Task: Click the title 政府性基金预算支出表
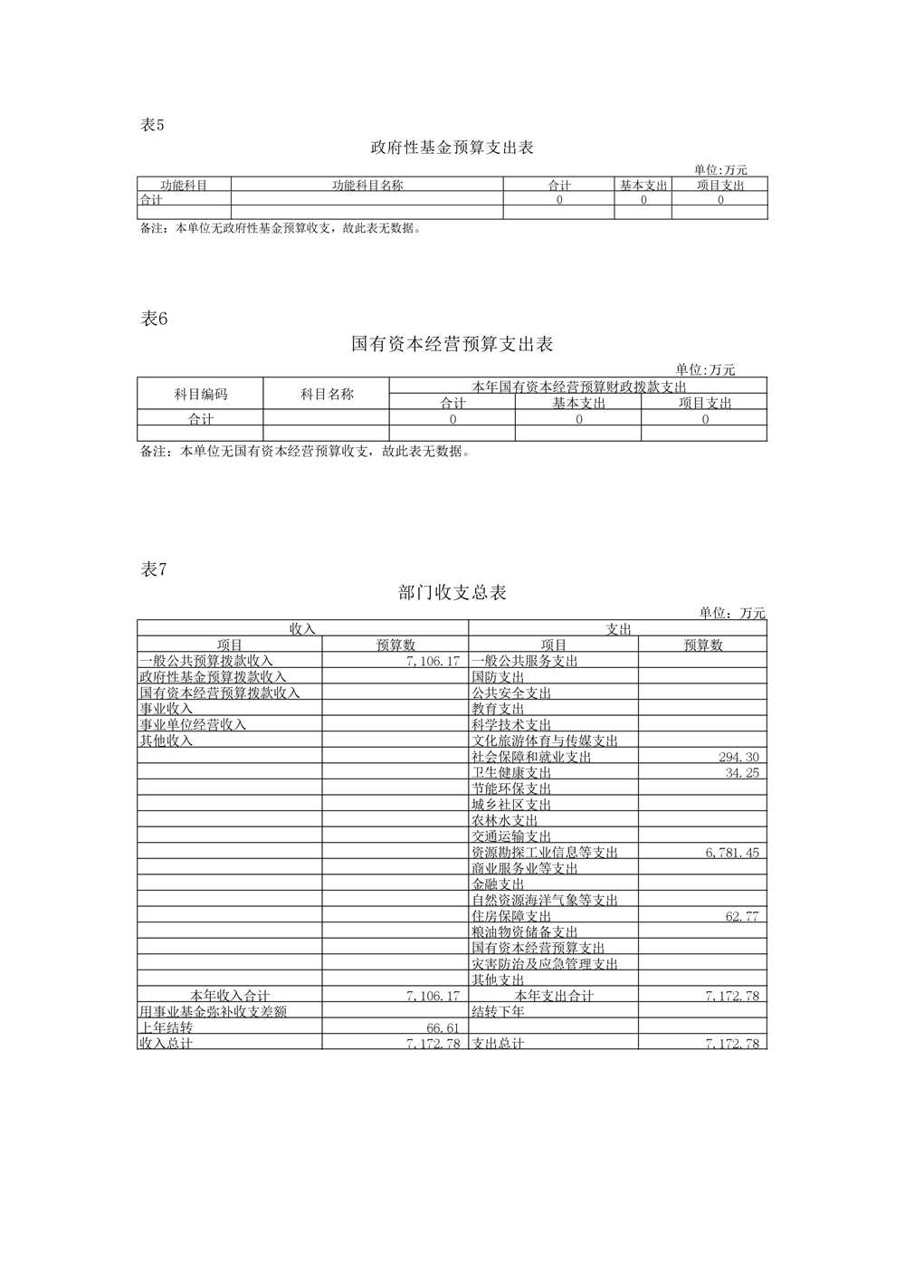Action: (x=452, y=148)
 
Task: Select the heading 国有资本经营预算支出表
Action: (x=452, y=344)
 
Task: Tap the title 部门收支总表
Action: (x=452, y=593)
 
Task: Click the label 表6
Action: (x=155, y=319)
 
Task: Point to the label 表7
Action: (x=155, y=569)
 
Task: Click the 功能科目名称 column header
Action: (x=367, y=185)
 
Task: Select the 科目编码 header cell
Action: (x=200, y=394)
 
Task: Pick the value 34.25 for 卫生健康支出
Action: (x=743, y=773)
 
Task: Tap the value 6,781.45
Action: (x=732, y=853)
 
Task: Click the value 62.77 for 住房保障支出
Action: (x=743, y=916)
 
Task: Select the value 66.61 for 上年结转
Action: (x=443, y=1027)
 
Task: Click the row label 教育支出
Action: (x=498, y=709)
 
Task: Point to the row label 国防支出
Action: (x=498, y=677)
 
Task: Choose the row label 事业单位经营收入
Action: (x=192, y=725)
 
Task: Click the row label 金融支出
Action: (x=498, y=884)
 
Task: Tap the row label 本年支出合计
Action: (x=554, y=996)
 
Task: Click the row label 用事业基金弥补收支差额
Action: (x=213, y=1011)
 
